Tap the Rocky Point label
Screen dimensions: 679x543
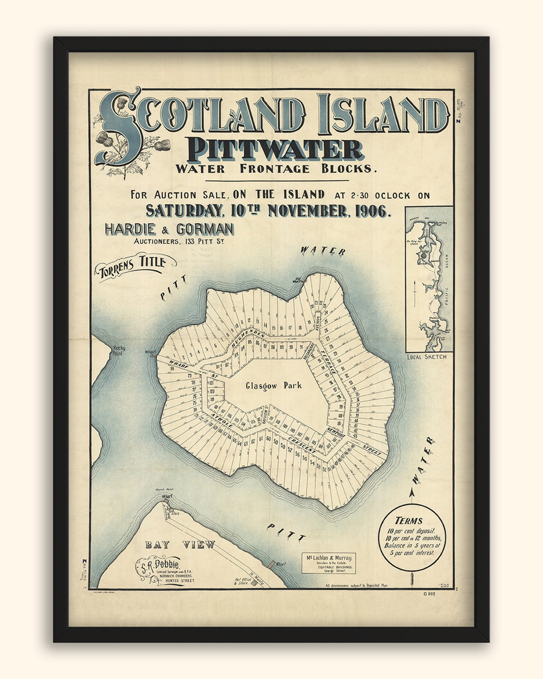click(119, 351)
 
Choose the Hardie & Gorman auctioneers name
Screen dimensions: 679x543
click(170, 229)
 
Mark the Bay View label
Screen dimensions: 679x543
click(180, 544)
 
